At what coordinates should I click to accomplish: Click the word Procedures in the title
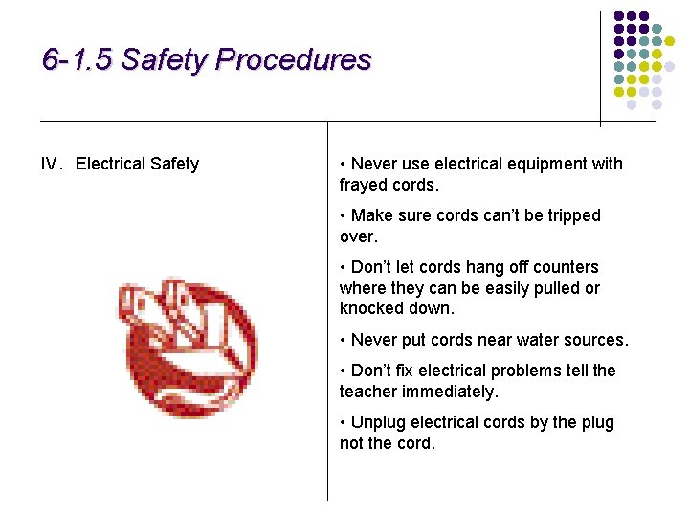293,60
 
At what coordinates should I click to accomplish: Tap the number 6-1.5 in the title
78,60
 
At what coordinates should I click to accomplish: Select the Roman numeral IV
51,164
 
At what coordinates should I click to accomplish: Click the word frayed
363,185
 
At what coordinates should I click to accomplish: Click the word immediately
451,392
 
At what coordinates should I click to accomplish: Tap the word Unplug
377,422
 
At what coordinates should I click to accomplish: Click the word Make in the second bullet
371,215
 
